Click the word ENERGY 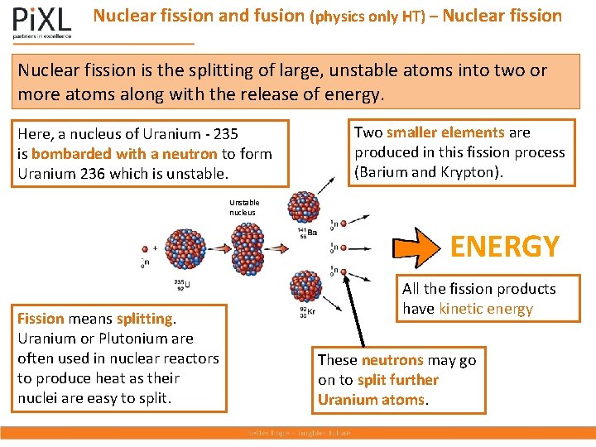coord(504,246)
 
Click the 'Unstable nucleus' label coord(244,208)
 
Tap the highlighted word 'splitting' coord(145,319)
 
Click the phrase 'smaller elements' coord(445,132)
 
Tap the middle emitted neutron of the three coord(333,247)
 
